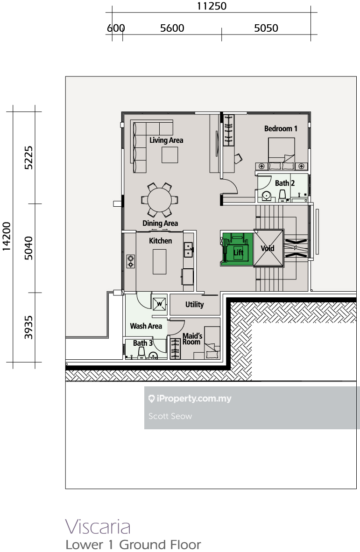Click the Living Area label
[x=166, y=140]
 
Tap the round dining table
[x=160, y=200]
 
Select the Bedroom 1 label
[x=281, y=128]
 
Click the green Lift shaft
[x=237, y=249]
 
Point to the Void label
[x=268, y=248]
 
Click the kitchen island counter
[x=159, y=261]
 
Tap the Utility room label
[x=194, y=305]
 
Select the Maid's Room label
[x=192, y=339]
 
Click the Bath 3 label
[x=143, y=343]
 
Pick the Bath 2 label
[x=285, y=183]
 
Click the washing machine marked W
[x=160, y=304]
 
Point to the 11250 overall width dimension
[x=212, y=6]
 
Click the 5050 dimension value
[x=266, y=28]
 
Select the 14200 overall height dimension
[x=7, y=237]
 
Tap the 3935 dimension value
[x=28, y=328]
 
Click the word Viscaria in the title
[x=98, y=527]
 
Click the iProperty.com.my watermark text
[x=194, y=398]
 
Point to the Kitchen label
[x=160, y=241]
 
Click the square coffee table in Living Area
[x=170, y=155]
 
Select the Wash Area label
[x=146, y=326]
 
